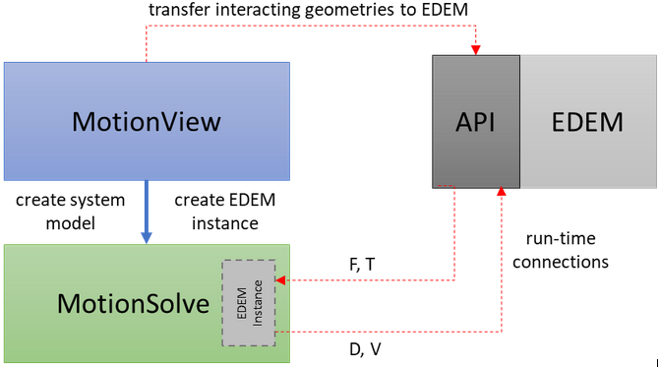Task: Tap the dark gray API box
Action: tap(475, 121)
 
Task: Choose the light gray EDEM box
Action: tap(588, 121)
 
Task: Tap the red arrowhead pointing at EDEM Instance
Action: tap(280, 280)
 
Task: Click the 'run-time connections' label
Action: tap(563, 251)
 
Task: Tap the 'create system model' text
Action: tap(70, 212)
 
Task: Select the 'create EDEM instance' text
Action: tap(224, 212)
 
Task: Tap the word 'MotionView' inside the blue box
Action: tap(147, 121)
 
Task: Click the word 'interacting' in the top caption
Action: tap(260, 9)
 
